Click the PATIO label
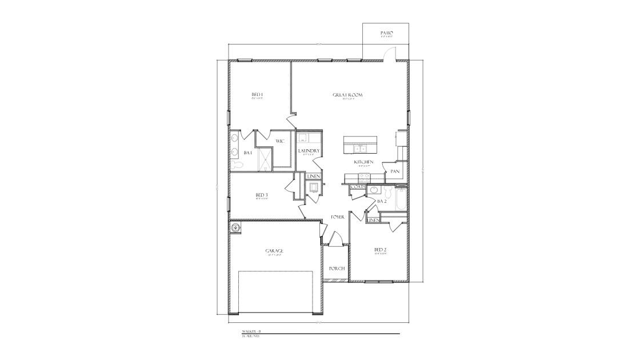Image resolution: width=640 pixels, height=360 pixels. click(x=387, y=34)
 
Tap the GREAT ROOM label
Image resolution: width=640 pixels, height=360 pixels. click(x=348, y=95)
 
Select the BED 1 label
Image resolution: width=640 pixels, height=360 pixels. click(x=257, y=95)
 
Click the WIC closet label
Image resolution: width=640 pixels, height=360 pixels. click(x=280, y=141)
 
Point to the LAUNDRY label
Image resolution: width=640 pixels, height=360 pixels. click(x=309, y=151)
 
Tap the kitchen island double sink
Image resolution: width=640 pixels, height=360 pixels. click(x=360, y=150)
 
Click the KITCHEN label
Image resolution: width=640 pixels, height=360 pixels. click(x=363, y=162)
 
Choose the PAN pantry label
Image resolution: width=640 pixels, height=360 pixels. click(x=395, y=171)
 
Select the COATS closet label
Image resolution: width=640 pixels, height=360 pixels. click(x=358, y=187)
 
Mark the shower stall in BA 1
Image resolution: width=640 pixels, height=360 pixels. click(x=263, y=158)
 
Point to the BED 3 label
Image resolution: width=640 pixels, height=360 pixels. click(x=262, y=195)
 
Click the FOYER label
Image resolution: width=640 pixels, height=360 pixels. click(x=337, y=217)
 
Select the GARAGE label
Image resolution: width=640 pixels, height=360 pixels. click(x=274, y=250)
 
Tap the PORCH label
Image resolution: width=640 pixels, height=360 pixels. click(x=337, y=268)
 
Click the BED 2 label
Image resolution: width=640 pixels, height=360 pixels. click(x=381, y=250)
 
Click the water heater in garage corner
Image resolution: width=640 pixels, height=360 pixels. click(x=235, y=228)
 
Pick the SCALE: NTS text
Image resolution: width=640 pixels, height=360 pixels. click(x=251, y=337)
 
